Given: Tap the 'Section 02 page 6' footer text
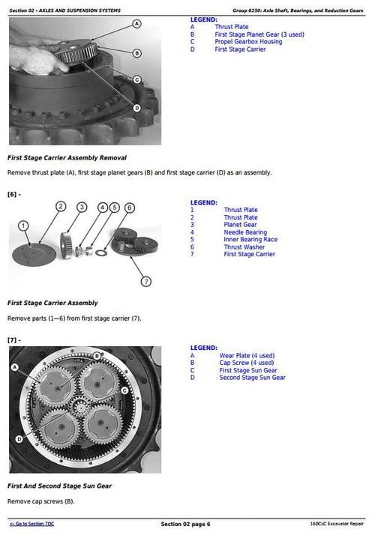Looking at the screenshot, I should coord(186,523).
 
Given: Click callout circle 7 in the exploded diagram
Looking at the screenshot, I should coord(146,282).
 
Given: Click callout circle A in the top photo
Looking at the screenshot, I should coord(136,25).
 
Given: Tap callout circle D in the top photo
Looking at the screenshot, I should coord(136,107).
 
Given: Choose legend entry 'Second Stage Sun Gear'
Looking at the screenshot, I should coord(252,378).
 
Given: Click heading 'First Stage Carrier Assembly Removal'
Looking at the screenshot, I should coord(67,158).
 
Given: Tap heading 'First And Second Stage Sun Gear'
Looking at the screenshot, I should coord(59,486).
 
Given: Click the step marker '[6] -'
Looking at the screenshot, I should coord(14,194).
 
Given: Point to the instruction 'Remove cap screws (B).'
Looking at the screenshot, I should coord(41,501).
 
